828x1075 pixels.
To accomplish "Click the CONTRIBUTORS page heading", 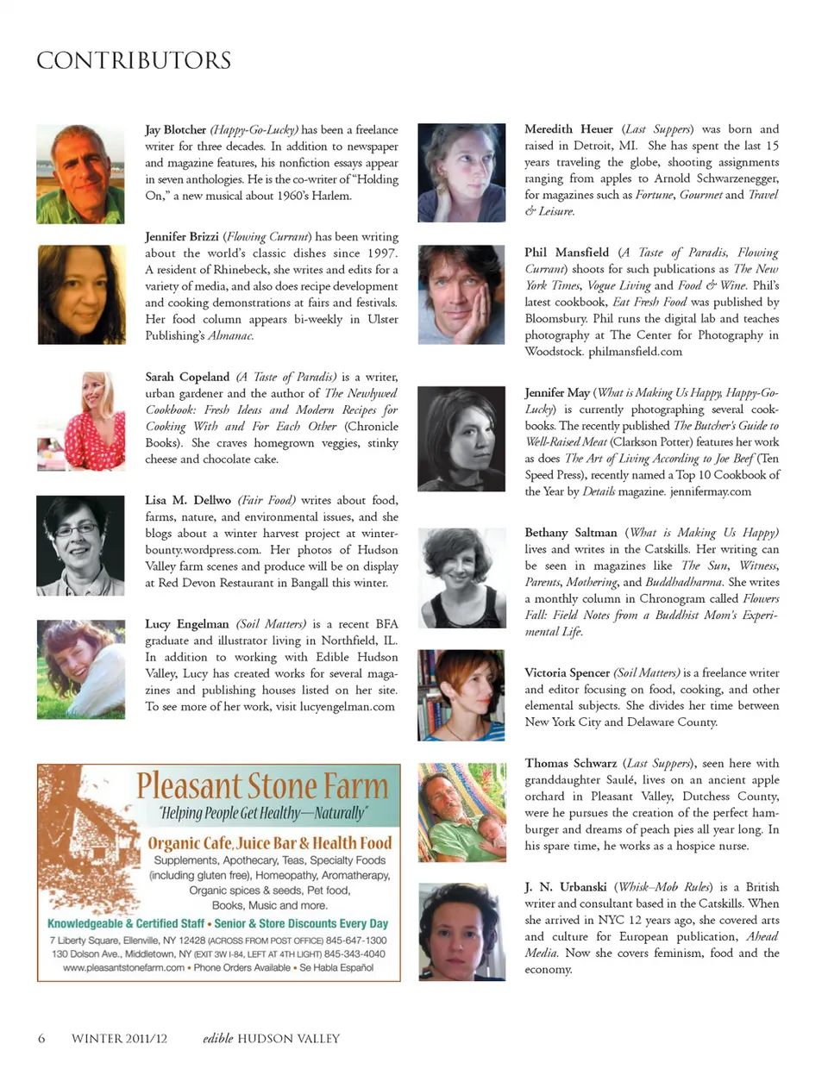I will click(x=134, y=60).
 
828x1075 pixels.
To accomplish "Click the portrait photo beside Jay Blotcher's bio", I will click(x=80, y=174).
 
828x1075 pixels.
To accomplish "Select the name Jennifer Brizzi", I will click(x=181, y=236).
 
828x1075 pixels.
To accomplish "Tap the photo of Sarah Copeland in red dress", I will click(x=80, y=422).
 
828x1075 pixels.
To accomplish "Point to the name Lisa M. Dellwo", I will click(x=188, y=500).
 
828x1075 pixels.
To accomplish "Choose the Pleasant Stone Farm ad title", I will click(x=262, y=786).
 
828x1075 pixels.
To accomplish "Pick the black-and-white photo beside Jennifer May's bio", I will click(x=461, y=439).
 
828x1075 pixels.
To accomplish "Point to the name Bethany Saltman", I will click(x=571, y=533).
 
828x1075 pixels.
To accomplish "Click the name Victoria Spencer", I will click(x=567, y=672).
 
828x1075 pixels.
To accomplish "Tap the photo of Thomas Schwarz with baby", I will click(x=461, y=812).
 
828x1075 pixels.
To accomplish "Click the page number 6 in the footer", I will click(x=41, y=1039).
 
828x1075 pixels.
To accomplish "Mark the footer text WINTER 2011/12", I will click(x=119, y=1039).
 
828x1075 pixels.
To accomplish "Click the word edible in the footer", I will click(x=217, y=1039).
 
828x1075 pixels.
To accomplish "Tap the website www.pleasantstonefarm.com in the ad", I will click(x=123, y=968).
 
